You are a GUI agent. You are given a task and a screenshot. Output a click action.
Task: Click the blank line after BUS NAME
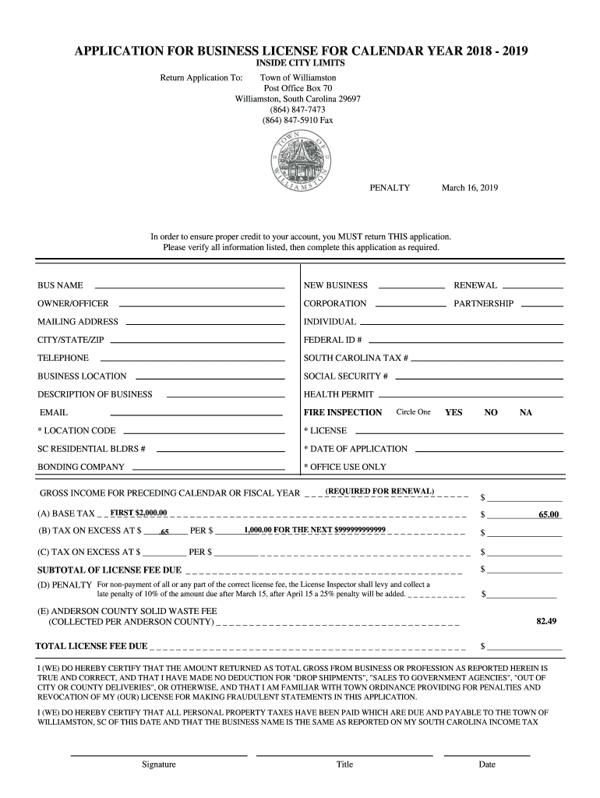pyautogui.click(x=189, y=288)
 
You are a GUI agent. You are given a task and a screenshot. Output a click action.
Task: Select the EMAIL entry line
pyautogui.click(x=196, y=415)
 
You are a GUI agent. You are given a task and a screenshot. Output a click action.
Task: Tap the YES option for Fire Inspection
pyautogui.click(x=454, y=412)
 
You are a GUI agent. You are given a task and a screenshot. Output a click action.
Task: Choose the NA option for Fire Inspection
pyautogui.click(x=526, y=412)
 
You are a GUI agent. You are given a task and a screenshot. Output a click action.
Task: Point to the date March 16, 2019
pyautogui.click(x=469, y=188)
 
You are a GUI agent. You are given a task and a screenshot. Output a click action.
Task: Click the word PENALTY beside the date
pyautogui.click(x=390, y=188)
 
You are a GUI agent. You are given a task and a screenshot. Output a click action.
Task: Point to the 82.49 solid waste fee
pyautogui.click(x=545, y=621)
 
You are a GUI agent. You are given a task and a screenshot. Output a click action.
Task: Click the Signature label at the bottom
pyautogui.click(x=159, y=764)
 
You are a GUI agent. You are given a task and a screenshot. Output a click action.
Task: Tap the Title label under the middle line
pyautogui.click(x=344, y=764)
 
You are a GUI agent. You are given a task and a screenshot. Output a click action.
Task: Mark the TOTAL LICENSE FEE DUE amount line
pyautogui.click(x=524, y=649)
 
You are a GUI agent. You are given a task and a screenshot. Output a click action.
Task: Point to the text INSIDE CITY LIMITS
pyautogui.click(x=301, y=63)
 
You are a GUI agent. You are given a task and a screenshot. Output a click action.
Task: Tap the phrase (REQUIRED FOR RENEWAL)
pyautogui.click(x=380, y=491)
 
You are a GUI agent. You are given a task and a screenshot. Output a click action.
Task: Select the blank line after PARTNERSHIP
pyautogui.click(x=541, y=305)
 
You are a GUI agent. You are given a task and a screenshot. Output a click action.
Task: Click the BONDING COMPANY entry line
pyautogui.click(x=208, y=469)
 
